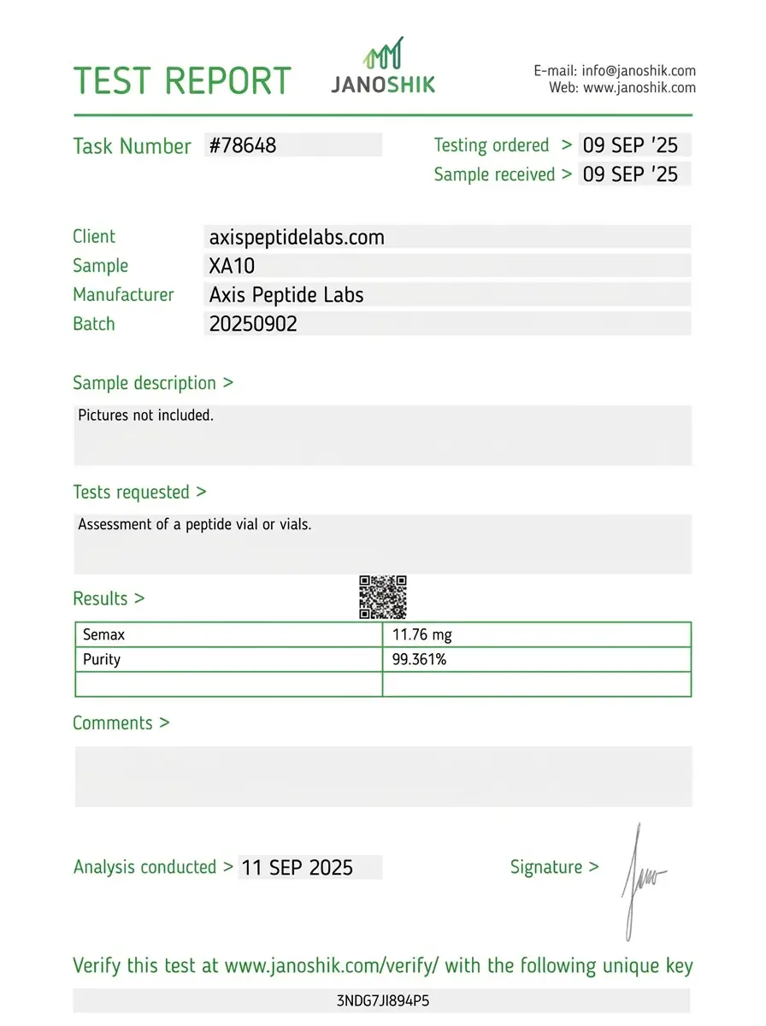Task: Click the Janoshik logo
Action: [383, 66]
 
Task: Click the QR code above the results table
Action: [382, 597]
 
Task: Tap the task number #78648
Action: [244, 145]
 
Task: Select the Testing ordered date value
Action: [630, 145]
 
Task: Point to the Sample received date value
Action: [630, 174]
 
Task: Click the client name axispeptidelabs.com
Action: [297, 237]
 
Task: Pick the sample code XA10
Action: [232, 266]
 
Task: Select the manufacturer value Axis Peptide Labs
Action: [286, 295]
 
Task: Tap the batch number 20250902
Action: [253, 324]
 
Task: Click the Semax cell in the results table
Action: [105, 635]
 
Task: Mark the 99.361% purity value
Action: [419, 659]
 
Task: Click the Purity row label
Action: [102, 659]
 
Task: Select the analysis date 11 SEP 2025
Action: [297, 868]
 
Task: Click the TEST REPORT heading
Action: [182, 80]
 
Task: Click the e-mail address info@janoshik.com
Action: [638, 71]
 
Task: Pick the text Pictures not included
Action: [145, 416]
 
